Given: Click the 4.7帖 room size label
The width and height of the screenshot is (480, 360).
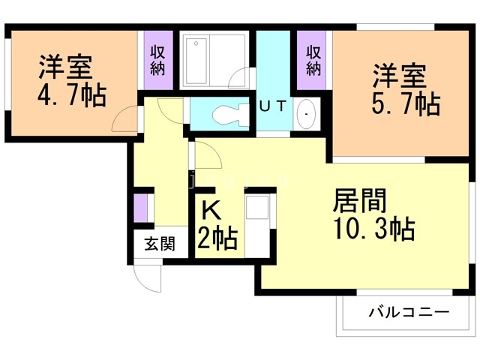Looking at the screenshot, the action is (x=72, y=95).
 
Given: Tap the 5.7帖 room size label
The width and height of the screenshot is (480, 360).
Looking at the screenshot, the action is (x=406, y=103).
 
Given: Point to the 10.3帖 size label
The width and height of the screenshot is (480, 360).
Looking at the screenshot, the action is (x=374, y=228).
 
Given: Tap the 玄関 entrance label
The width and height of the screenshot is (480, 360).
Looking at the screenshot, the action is (x=160, y=244).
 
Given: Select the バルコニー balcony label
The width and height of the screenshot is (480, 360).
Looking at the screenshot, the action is (x=409, y=312).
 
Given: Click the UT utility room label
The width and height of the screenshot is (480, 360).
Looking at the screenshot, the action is (x=273, y=106).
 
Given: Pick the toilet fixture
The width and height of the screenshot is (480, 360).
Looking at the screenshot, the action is (x=230, y=114).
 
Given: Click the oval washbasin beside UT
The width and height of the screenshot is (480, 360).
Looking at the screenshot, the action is (x=307, y=114).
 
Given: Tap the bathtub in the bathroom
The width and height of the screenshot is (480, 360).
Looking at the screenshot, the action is (x=196, y=61).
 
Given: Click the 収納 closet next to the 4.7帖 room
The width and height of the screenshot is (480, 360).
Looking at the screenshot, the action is (x=158, y=60).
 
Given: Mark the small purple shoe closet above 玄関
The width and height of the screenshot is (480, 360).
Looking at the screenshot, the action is (x=140, y=208).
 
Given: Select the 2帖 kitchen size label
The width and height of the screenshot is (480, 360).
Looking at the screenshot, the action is (x=217, y=238).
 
